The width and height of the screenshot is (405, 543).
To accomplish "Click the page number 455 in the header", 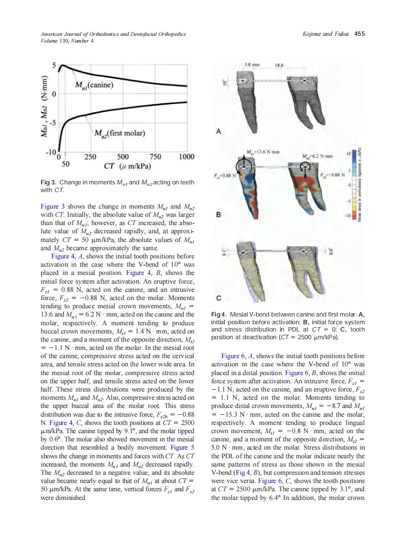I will point(359,34).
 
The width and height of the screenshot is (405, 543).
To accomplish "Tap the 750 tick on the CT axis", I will point(155,156).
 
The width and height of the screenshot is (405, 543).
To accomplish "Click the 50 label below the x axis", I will point(65,164).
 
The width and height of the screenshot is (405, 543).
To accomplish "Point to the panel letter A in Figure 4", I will point(219,131).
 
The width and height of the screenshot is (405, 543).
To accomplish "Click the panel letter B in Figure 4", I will point(219,217).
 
